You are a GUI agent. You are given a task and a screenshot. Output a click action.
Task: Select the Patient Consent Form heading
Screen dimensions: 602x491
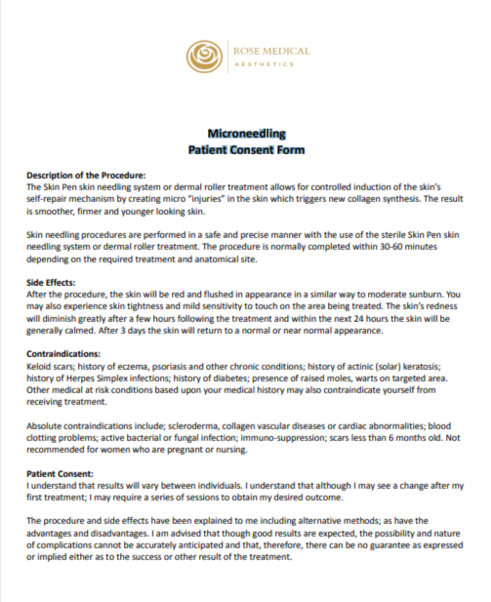[x=246, y=150]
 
